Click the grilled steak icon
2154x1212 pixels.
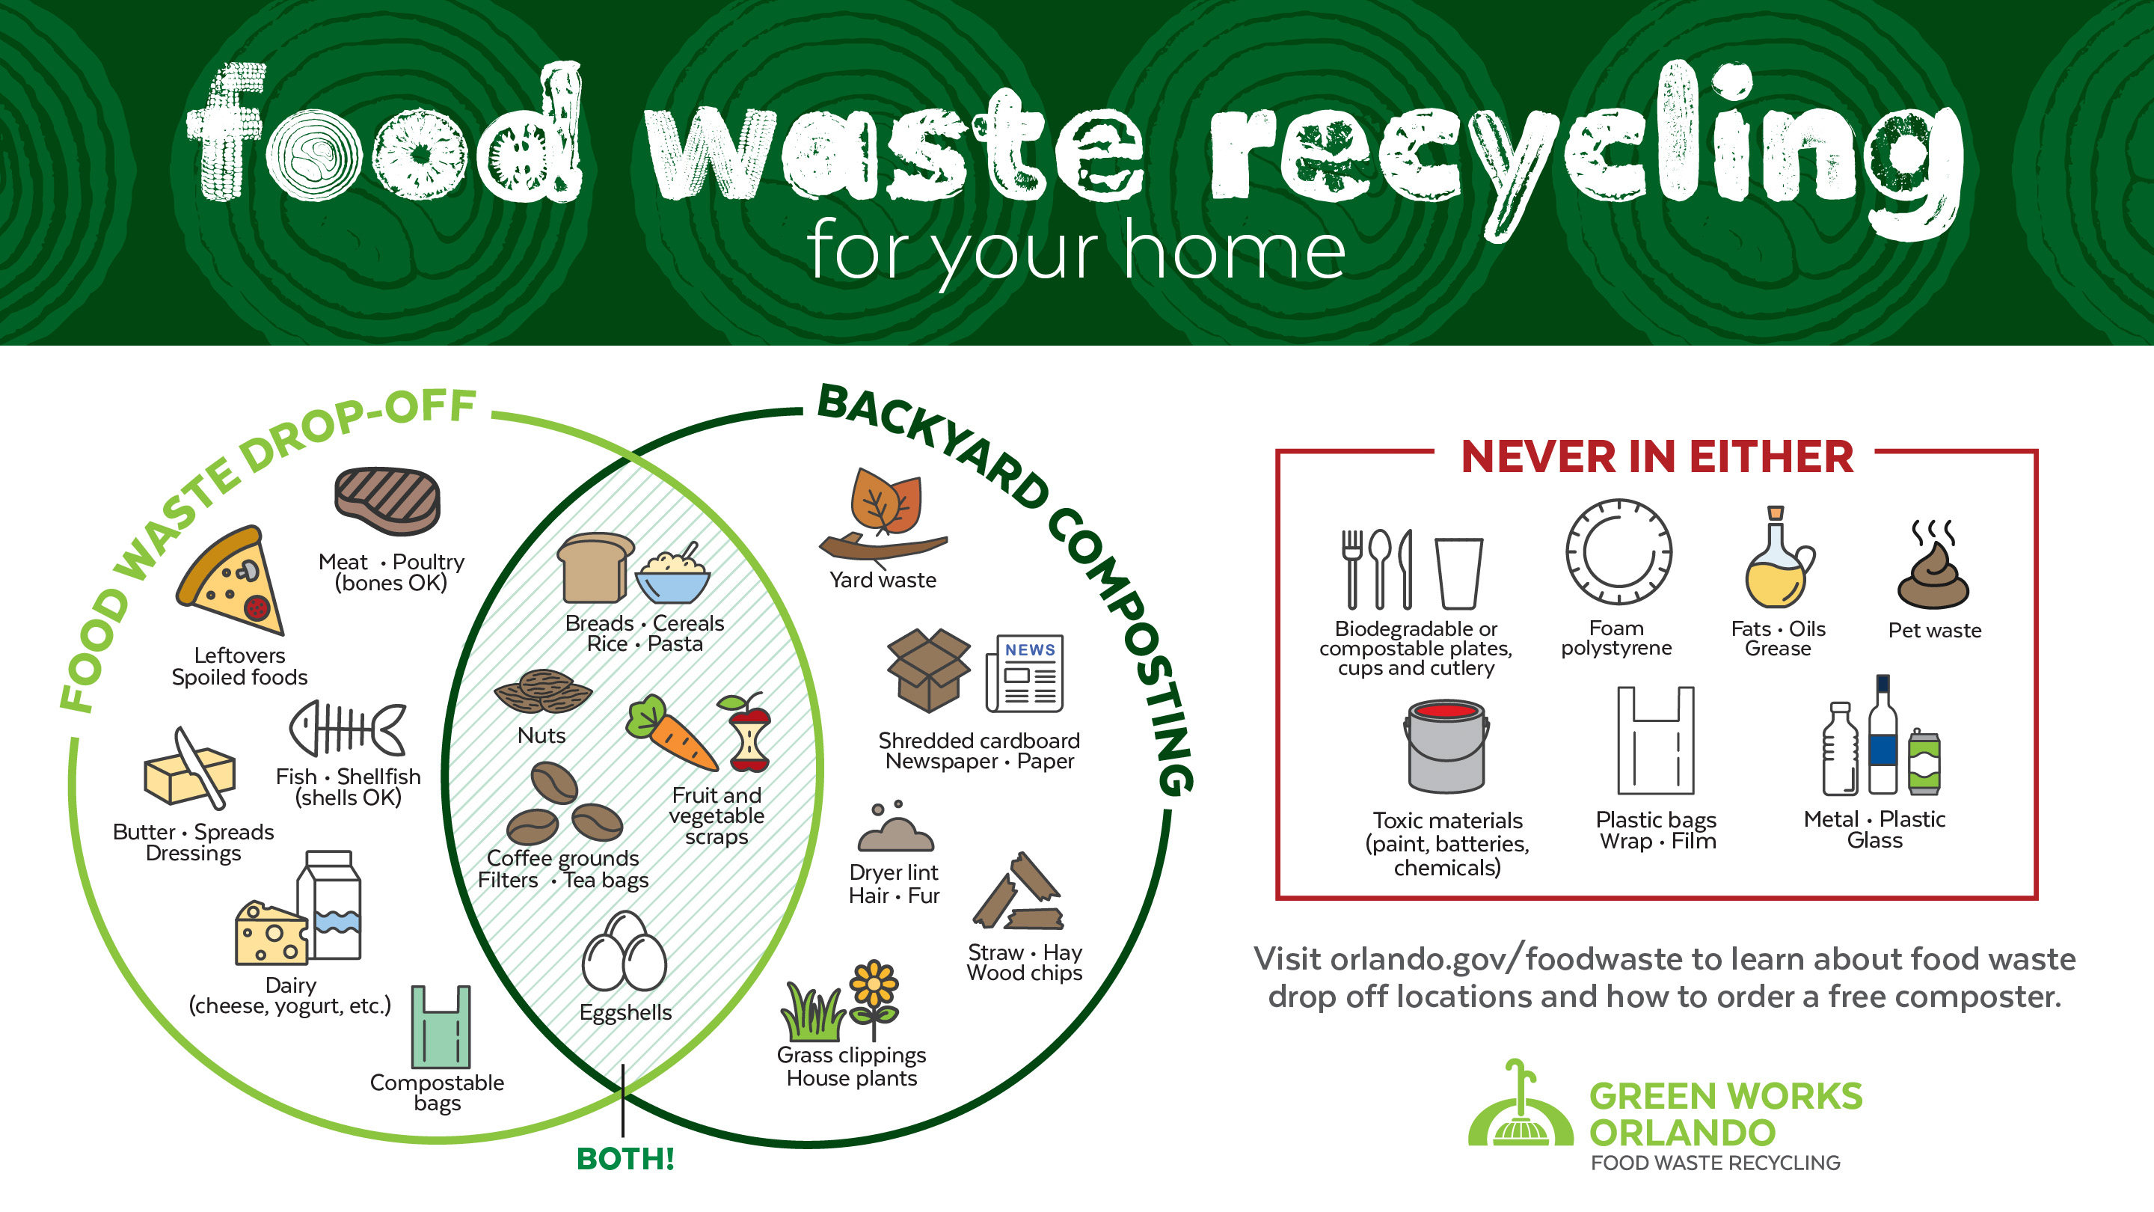point(387,501)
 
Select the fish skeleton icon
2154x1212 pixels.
point(348,728)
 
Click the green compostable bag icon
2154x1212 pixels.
point(441,1026)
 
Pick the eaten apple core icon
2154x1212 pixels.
point(746,732)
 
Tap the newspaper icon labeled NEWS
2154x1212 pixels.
point(1025,673)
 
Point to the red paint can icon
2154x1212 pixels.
point(1446,745)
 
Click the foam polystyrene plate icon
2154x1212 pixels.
point(1618,552)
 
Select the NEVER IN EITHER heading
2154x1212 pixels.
point(1657,456)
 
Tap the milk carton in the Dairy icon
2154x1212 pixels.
point(332,905)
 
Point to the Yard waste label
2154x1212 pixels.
point(883,580)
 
